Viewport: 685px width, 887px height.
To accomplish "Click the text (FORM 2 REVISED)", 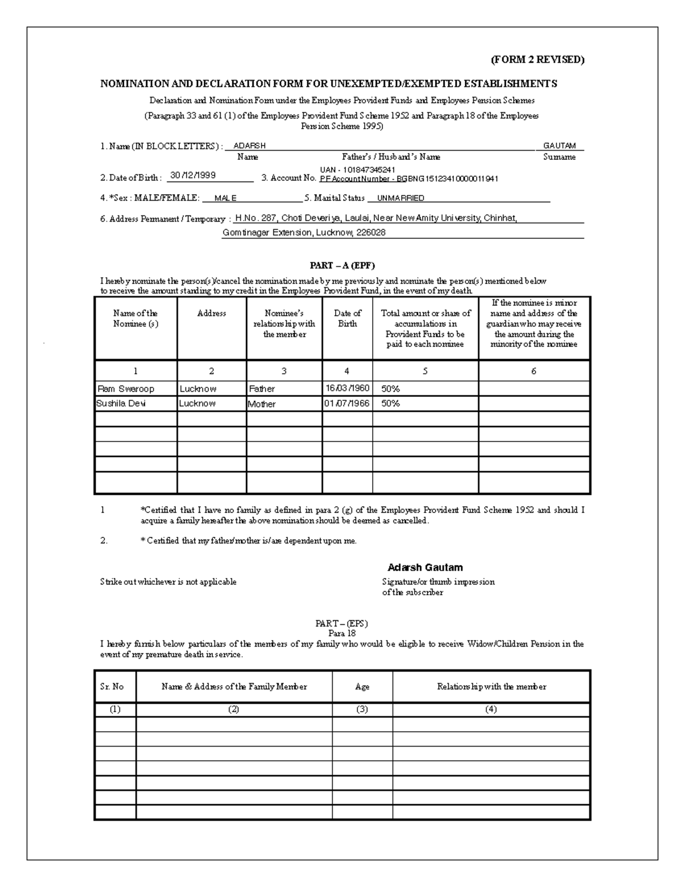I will [x=537, y=60].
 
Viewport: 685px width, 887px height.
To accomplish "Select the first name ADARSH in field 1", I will [x=249, y=146].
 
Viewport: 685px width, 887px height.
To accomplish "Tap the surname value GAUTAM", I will [x=559, y=146].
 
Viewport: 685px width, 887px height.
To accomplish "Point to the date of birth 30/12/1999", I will [x=192, y=176].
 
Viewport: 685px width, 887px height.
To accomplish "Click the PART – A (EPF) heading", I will [x=342, y=266].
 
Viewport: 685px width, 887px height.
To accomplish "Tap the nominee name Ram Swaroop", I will [x=126, y=389].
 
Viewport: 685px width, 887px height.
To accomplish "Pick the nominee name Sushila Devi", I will [x=121, y=404].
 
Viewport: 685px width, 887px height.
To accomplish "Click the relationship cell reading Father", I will [x=261, y=389].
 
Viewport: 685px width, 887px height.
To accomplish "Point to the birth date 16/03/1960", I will [x=347, y=388].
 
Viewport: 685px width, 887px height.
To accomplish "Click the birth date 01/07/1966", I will [x=347, y=404].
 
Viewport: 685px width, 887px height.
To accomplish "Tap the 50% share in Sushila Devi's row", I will [x=390, y=404].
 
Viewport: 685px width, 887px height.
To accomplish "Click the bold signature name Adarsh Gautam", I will [x=425, y=568].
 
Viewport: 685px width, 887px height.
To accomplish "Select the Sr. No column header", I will [x=112, y=687].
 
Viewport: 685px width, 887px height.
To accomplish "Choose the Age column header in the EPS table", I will [x=362, y=687].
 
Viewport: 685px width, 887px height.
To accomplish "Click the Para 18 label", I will [x=342, y=633].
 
